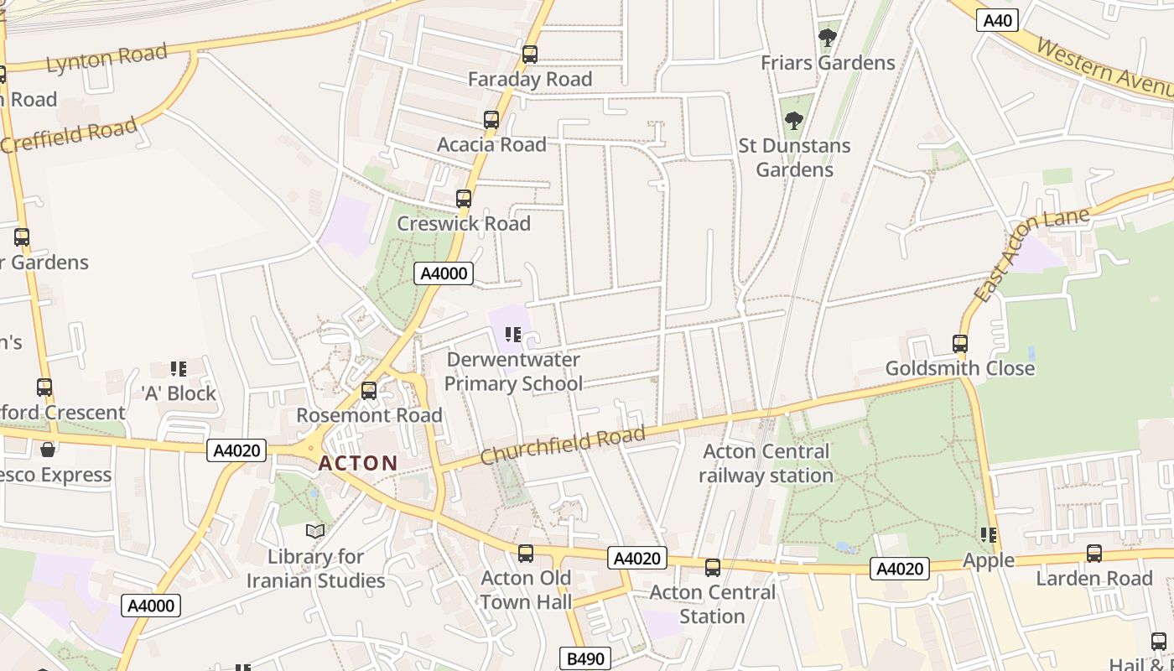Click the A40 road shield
tap(996, 20)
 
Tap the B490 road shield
tap(584, 658)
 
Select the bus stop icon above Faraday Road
tap(530, 55)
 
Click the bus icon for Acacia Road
tap(491, 120)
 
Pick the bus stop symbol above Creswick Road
tap(464, 199)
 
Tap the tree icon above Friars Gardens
tap(828, 38)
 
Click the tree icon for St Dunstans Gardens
tap(794, 121)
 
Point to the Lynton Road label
tap(106, 59)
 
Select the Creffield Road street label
tap(69, 136)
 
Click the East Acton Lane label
tap(1032, 254)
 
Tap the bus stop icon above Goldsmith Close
tap(960, 344)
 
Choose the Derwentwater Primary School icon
tap(513, 335)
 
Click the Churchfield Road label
tap(563, 445)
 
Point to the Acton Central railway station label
tap(766, 463)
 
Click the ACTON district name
tap(358, 463)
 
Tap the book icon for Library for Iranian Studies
tap(315, 531)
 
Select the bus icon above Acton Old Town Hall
tap(526, 554)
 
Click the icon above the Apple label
tap(989, 535)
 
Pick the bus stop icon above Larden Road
tap(1094, 554)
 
